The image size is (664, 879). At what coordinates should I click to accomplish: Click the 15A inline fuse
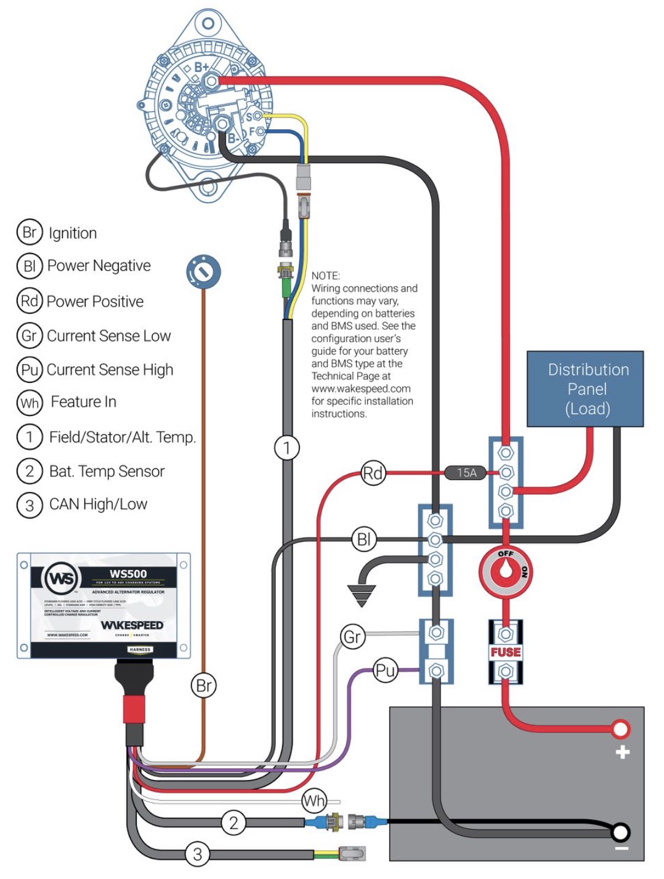point(466,473)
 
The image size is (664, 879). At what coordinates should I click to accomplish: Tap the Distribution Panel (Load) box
point(585,389)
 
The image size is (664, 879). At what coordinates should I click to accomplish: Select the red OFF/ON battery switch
point(506,572)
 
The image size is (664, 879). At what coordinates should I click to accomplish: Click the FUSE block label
point(506,652)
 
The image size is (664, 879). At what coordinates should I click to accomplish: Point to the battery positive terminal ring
point(621,729)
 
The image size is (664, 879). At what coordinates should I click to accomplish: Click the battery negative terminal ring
point(620,833)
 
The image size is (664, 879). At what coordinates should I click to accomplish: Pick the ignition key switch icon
point(203,271)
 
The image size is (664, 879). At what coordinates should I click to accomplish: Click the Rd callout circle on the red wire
point(373,473)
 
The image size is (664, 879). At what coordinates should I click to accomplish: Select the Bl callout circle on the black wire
point(363,540)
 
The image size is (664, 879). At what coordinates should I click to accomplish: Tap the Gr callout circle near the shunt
point(352,636)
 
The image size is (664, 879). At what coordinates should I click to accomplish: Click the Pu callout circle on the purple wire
point(386,670)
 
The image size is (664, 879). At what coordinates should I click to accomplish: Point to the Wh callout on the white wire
point(314,801)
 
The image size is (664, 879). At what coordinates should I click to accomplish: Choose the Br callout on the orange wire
point(204,685)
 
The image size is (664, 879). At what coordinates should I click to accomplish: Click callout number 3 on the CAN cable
point(198,854)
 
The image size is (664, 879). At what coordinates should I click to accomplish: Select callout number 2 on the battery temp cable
point(233,822)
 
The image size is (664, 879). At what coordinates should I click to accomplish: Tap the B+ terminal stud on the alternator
point(211,81)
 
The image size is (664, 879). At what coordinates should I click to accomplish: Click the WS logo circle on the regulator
point(62,579)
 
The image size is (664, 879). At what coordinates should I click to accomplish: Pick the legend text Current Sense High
point(110,369)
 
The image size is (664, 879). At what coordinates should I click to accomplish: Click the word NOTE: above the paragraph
point(325,276)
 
